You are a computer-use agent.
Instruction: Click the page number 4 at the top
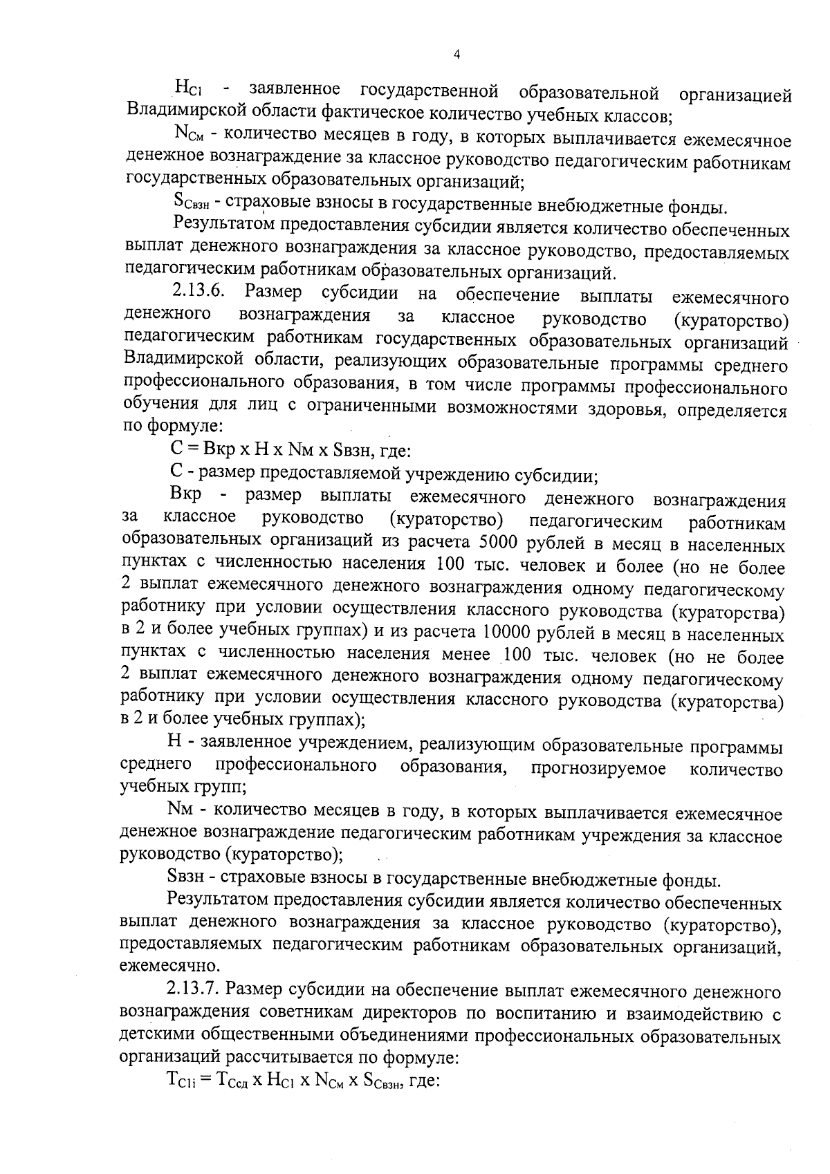456,55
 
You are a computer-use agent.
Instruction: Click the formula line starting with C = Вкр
290,452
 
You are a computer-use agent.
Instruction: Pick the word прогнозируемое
598,767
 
